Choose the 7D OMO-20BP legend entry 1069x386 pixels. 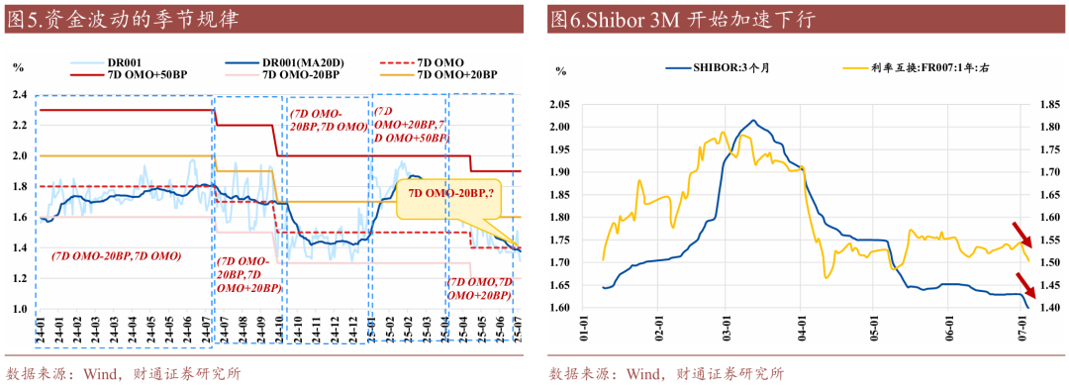coord(288,74)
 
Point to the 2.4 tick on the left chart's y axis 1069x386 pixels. coord(19,94)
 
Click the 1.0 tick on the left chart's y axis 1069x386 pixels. coord(19,309)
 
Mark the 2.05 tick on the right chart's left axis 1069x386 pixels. coord(561,104)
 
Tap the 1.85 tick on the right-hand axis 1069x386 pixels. coord(1046,104)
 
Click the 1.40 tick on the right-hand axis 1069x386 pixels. coord(1046,308)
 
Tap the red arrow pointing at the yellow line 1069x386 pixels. coord(1021,235)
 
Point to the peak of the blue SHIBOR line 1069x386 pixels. coord(753,121)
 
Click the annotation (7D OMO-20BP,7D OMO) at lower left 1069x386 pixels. coord(116,255)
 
